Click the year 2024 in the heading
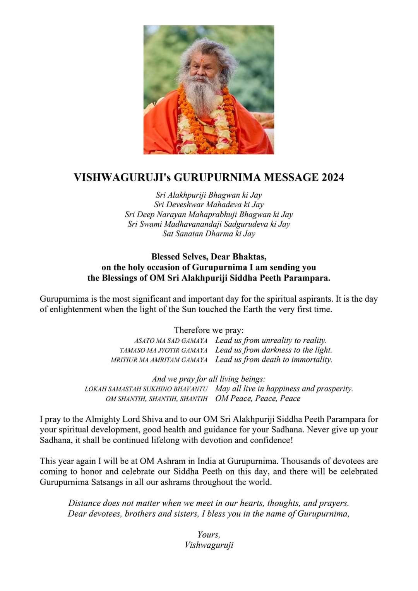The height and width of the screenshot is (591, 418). [x=332, y=178]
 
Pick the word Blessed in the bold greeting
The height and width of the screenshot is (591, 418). [x=166, y=256]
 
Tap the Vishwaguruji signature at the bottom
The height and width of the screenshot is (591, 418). [x=209, y=545]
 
